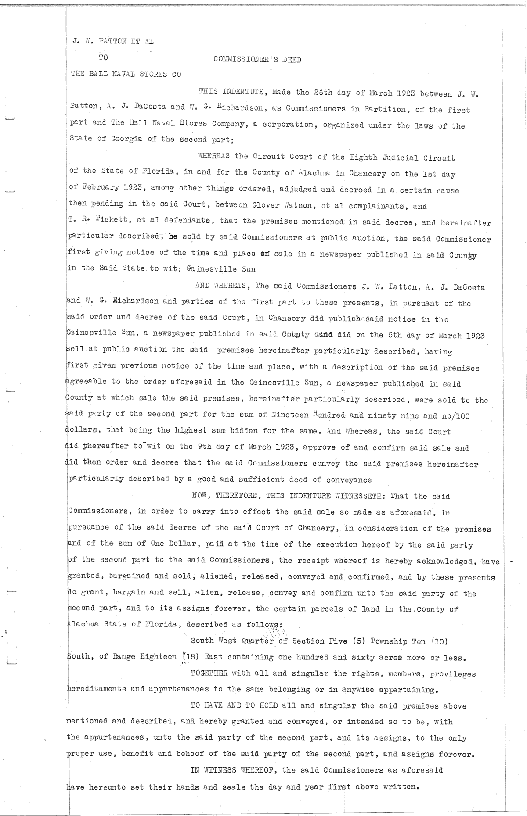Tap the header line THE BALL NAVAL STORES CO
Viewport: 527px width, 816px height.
tap(126, 74)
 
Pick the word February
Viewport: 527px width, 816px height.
tap(89, 188)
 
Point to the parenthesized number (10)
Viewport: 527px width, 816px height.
tap(439, 641)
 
